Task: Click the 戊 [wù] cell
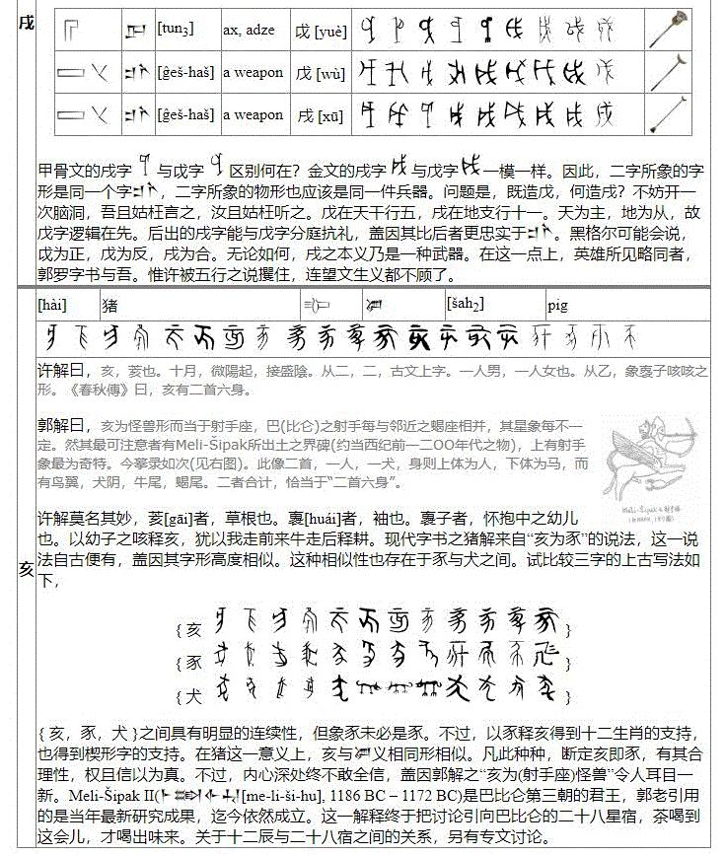click(320, 72)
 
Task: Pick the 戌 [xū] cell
click(320, 115)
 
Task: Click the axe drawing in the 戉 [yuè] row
click(677, 30)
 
